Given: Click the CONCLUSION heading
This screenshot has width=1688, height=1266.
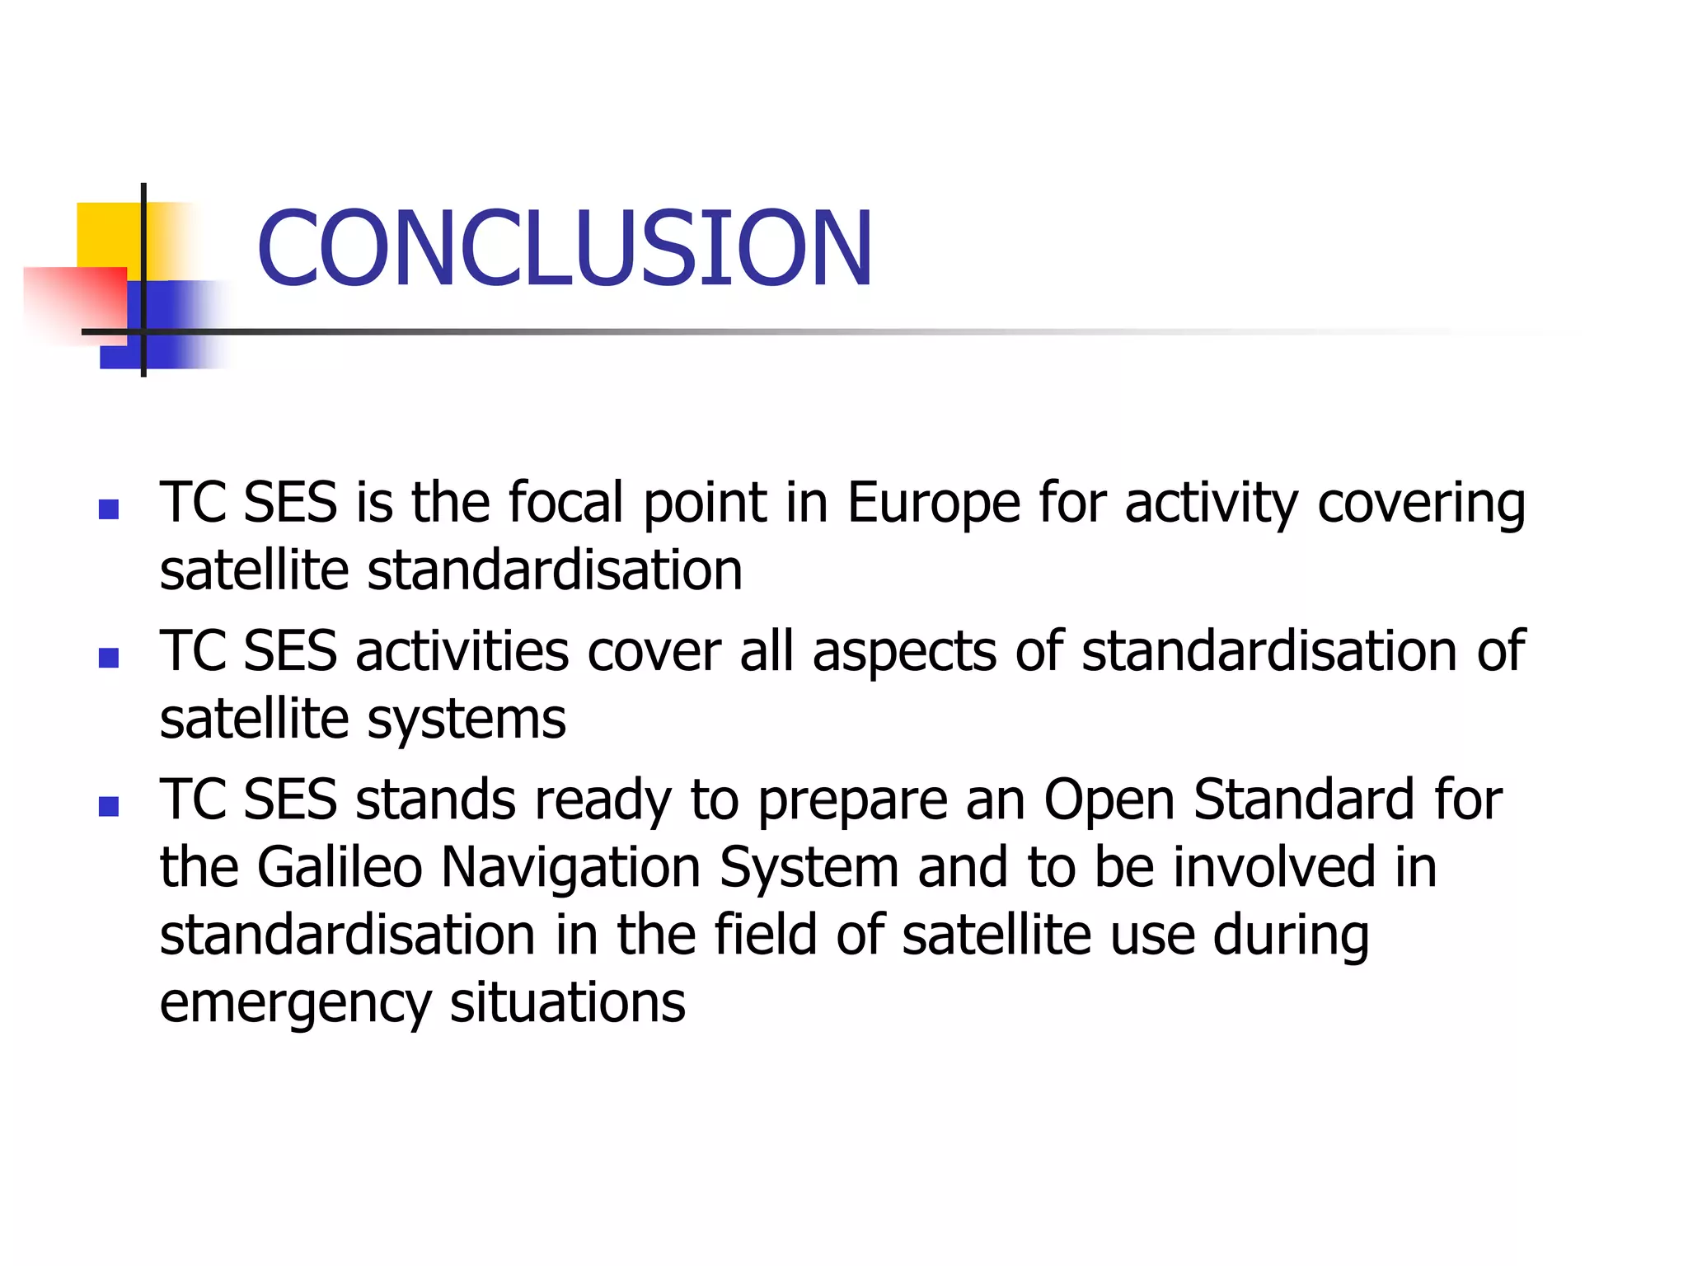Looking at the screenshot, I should tap(565, 249).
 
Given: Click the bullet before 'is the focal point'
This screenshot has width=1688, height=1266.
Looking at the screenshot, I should tap(109, 509).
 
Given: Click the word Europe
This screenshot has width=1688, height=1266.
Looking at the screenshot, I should tap(934, 503).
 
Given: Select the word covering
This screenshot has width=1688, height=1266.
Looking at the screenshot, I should tap(1421, 503).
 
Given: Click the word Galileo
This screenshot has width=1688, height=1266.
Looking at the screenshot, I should tap(340, 867).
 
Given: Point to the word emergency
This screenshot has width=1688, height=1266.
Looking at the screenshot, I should tap(295, 1004).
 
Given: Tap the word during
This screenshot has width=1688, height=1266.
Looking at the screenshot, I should tap(1291, 936).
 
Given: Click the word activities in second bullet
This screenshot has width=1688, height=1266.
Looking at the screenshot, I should tap(462, 651).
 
